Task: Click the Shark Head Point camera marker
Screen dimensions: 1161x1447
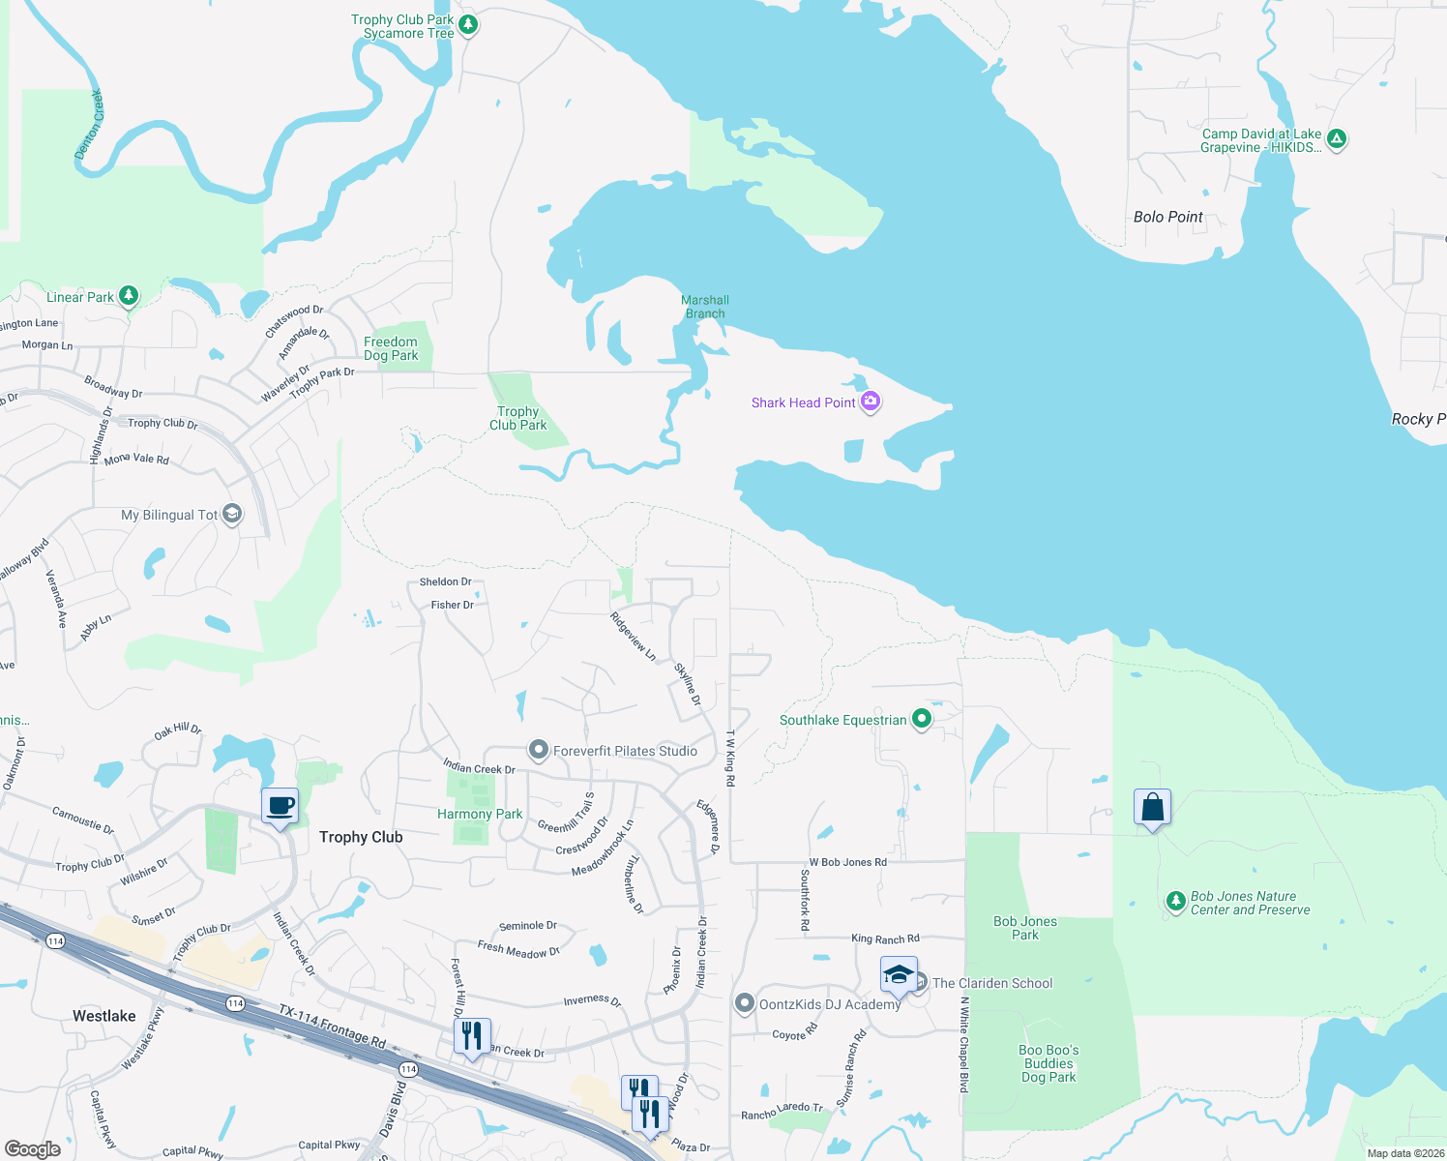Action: click(x=870, y=402)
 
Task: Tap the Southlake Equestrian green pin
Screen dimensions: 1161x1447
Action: click(x=922, y=719)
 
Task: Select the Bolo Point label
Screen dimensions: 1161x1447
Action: click(x=1167, y=217)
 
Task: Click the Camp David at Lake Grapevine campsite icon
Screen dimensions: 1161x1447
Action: click(x=1336, y=139)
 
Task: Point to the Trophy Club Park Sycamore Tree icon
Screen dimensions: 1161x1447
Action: click(x=468, y=24)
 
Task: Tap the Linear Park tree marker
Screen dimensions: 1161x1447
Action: click(x=129, y=296)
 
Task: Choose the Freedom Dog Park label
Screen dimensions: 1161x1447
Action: click(x=391, y=348)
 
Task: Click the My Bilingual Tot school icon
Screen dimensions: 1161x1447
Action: click(x=232, y=514)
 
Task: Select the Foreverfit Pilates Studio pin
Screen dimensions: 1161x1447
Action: click(x=539, y=750)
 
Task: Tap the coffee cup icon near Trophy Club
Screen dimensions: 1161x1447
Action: click(x=280, y=806)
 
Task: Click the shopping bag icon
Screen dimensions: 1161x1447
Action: click(x=1152, y=807)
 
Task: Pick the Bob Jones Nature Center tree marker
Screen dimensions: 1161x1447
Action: click(x=1175, y=902)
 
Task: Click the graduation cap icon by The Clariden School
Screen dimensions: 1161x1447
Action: click(x=899, y=974)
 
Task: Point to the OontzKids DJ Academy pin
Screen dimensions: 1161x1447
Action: click(x=744, y=1003)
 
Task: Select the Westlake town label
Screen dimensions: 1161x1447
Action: click(x=104, y=1016)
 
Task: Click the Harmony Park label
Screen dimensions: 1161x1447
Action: click(x=480, y=814)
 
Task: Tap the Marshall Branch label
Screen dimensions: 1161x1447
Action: click(x=705, y=307)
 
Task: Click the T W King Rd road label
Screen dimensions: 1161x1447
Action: click(x=731, y=757)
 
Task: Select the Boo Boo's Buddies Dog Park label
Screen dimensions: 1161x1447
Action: click(x=1048, y=1063)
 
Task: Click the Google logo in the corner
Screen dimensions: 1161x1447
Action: click(x=33, y=1148)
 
